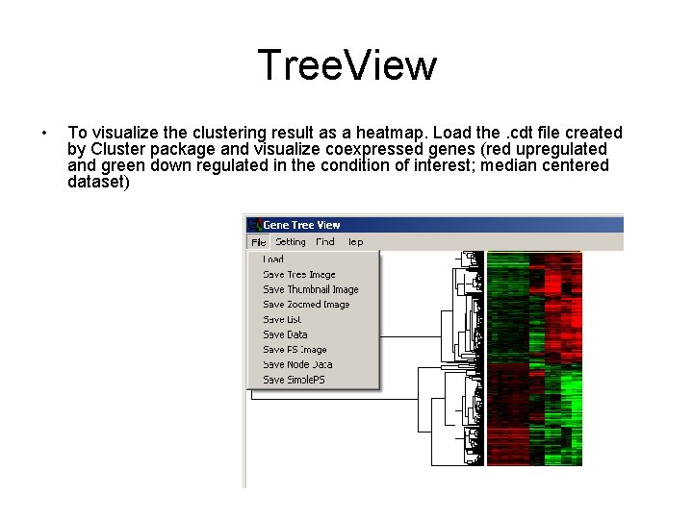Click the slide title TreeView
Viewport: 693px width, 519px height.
click(x=346, y=66)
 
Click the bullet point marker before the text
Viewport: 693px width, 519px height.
click(x=45, y=133)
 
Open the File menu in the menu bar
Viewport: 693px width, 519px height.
click(x=258, y=242)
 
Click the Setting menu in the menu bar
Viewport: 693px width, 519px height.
click(x=290, y=242)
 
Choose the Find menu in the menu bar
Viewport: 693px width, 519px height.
click(x=325, y=242)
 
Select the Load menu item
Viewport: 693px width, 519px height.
click(x=273, y=259)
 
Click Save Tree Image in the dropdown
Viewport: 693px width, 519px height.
click(x=299, y=274)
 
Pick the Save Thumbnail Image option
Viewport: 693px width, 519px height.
click(x=310, y=289)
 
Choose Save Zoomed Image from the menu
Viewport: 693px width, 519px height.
click(x=306, y=305)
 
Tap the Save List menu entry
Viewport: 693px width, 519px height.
click(x=282, y=319)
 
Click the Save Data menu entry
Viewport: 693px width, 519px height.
click(x=285, y=334)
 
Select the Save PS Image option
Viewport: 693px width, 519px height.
click(x=295, y=350)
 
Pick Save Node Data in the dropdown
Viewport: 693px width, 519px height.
click(x=297, y=364)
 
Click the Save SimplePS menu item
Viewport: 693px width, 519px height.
click(x=294, y=380)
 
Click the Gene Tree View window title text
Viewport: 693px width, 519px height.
click(x=301, y=224)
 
